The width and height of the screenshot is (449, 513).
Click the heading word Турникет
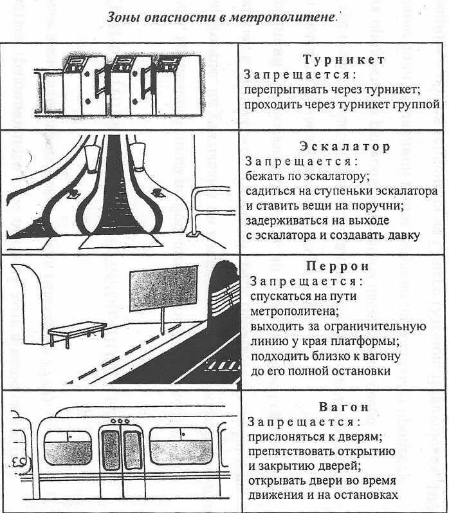point(344,60)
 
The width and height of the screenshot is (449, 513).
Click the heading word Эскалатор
point(344,147)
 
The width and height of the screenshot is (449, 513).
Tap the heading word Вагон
point(344,407)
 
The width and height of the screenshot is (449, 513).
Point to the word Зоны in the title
point(122,17)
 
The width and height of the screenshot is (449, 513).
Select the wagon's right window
point(181,446)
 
